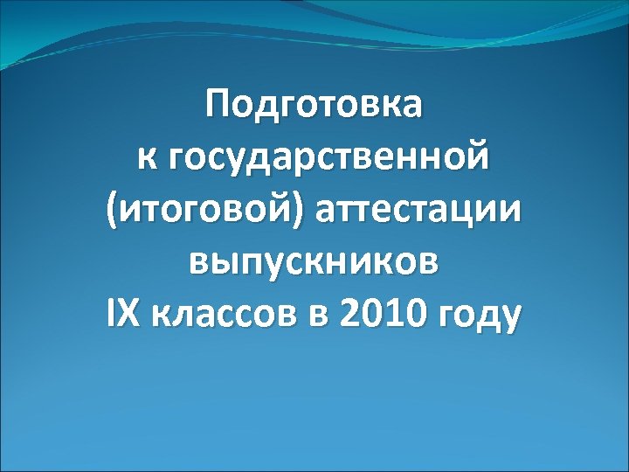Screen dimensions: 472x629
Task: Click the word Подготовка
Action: [314, 107]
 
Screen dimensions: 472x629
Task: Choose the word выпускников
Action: [314, 262]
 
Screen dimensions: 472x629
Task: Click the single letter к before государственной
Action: [146, 161]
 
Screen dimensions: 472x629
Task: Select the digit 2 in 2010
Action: [357, 313]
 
